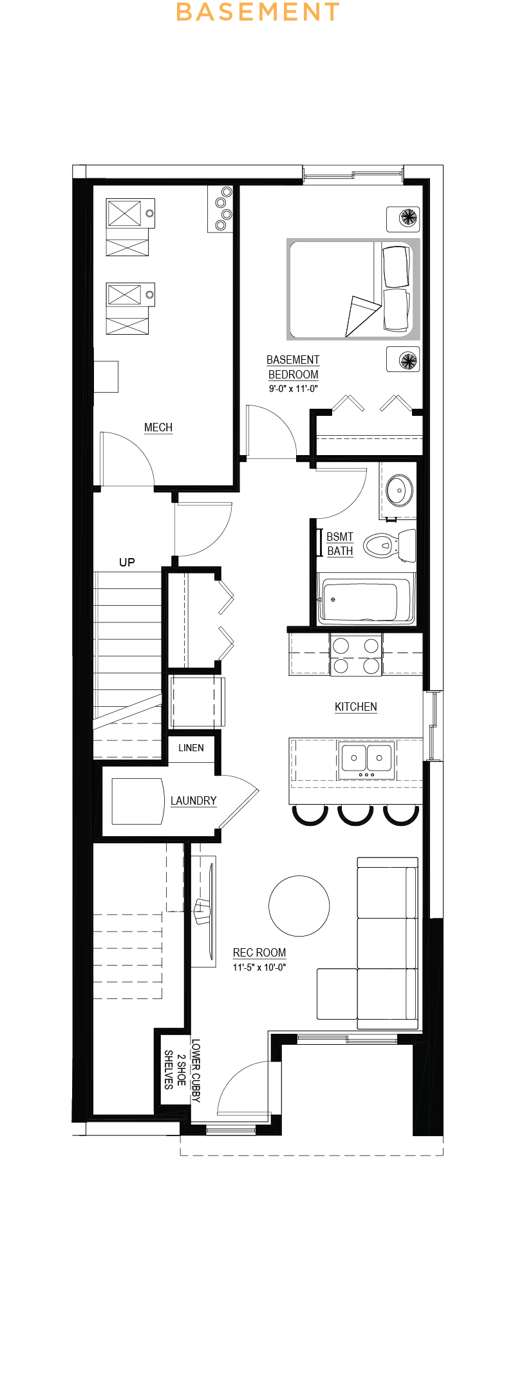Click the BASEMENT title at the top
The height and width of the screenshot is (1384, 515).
257,12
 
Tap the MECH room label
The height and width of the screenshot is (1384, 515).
158,427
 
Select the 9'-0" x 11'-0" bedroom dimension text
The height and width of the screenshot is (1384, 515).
293,389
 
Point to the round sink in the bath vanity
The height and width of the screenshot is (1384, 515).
399,491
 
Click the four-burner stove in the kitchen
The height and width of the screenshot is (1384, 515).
356,655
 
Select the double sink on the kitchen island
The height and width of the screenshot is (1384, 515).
366,759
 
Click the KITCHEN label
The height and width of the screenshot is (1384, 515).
355,707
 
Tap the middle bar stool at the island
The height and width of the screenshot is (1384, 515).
355,815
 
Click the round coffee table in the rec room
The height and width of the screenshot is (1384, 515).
299,906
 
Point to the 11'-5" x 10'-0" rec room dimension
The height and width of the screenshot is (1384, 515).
259,967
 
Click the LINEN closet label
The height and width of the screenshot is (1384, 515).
191,748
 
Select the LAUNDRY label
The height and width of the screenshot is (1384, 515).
193,801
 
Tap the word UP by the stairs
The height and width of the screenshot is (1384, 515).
127,563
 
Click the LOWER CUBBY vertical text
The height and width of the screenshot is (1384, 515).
196,1071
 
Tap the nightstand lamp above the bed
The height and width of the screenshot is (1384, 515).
408,218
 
